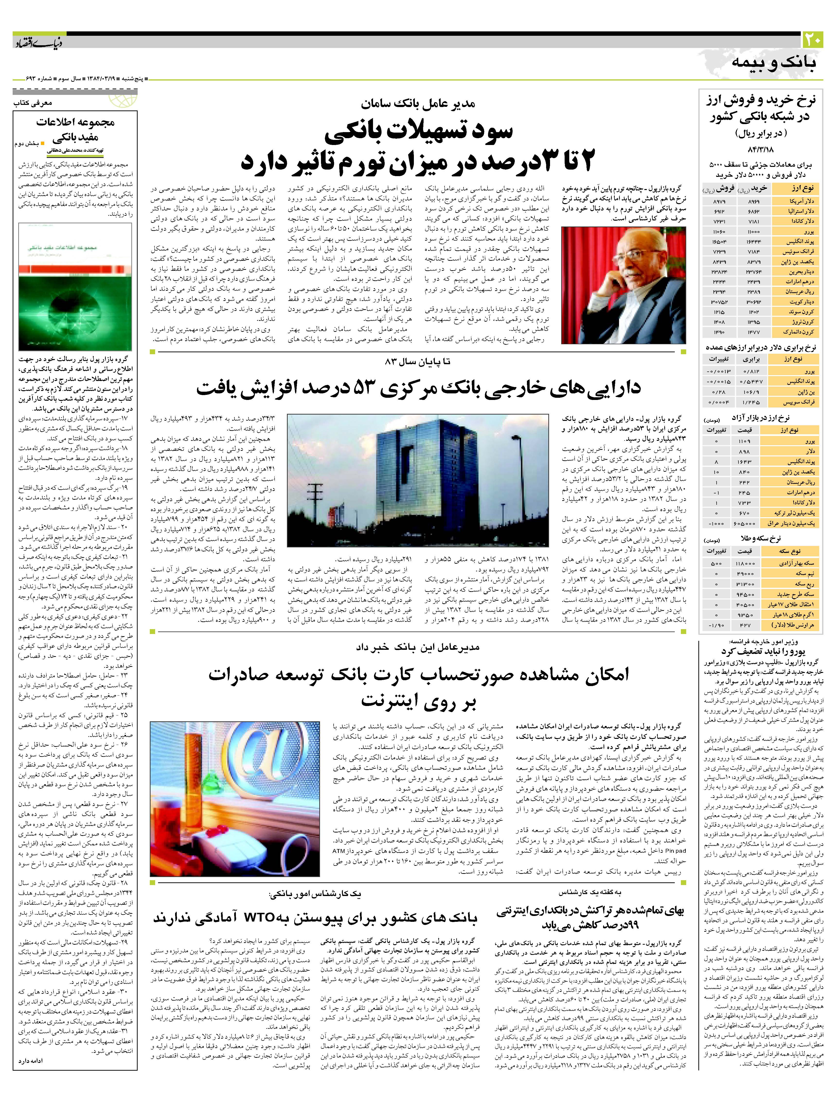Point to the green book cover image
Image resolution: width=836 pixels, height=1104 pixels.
click(75, 287)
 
